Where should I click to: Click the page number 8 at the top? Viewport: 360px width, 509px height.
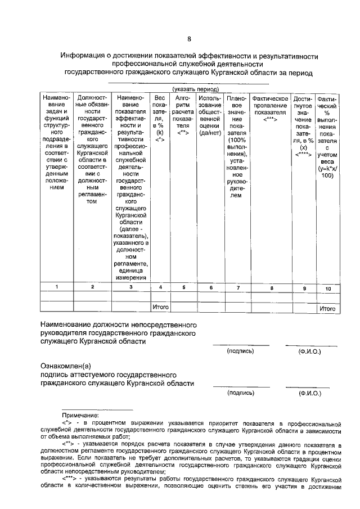[x=189, y=39]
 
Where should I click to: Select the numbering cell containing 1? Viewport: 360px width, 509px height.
[x=56, y=287]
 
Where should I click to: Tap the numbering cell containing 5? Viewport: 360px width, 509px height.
[x=183, y=287]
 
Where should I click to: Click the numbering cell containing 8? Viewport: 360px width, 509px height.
[x=271, y=287]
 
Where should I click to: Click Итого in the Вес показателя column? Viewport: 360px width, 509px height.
[x=161, y=307]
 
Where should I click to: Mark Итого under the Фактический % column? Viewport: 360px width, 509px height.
[x=327, y=308]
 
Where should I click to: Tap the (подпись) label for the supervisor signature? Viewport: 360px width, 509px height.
[x=240, y=351]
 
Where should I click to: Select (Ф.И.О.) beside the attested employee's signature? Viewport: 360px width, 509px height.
[x=309, y=394]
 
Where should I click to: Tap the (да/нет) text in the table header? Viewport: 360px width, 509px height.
[x=210, y=133]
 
